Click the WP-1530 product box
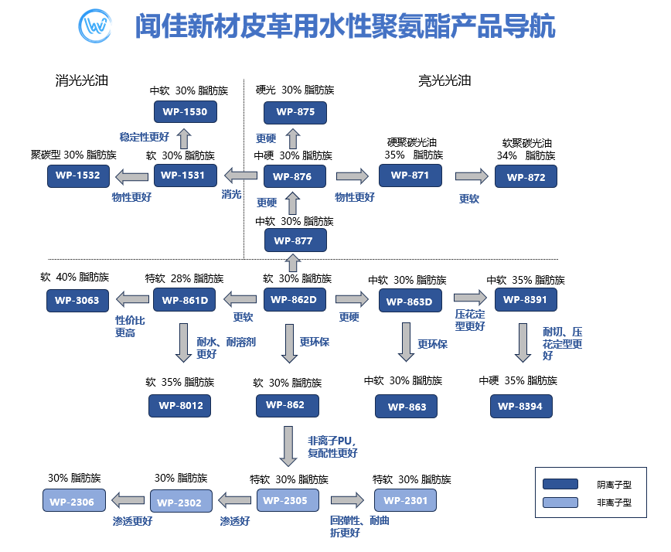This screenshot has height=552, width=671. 185,112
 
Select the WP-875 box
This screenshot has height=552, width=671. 295,113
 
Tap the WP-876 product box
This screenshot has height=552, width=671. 294,177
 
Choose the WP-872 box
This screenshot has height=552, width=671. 526,177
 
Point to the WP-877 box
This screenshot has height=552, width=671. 295,240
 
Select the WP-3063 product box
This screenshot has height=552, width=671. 77,301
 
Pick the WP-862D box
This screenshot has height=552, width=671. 295,300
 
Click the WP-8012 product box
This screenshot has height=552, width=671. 180,405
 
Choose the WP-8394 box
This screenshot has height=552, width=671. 521,406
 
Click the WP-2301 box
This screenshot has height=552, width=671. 405,501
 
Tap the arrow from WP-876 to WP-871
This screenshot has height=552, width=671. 353,176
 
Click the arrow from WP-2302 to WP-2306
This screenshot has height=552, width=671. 130,500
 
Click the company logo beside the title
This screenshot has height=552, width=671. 96,27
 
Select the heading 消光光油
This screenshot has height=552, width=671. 81,80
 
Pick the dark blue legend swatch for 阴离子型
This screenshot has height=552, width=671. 560,485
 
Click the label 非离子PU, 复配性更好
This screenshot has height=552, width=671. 332,447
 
